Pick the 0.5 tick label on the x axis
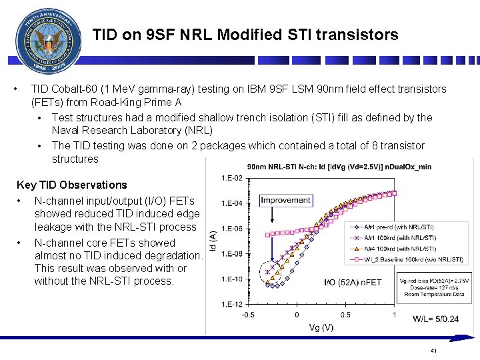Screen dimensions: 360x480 click(x=345, y=315)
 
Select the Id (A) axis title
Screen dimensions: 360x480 click(x=212, y=241)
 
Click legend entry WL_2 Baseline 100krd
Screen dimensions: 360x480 click(x=413, y=259)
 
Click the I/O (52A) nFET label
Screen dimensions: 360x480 click(x=353, y=283)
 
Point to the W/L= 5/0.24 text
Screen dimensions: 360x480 click(x=435, y=319)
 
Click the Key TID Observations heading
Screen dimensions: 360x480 click(x=71, y=185)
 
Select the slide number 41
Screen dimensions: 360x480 click(x=433, y=351)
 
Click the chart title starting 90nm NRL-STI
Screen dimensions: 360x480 click(x=339, y=166)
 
